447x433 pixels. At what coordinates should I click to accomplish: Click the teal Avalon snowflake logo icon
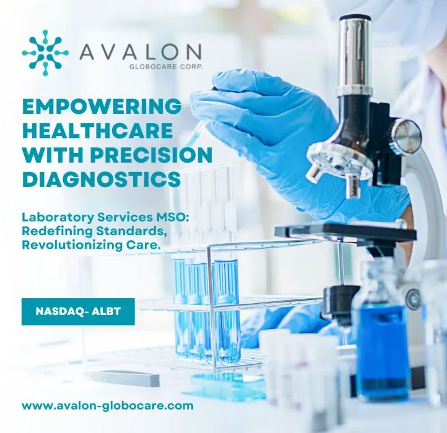45,53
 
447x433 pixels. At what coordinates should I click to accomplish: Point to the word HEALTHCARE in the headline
97,131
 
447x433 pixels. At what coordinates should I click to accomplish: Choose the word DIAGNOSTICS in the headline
102,179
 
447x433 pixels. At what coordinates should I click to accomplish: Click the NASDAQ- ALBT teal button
78,312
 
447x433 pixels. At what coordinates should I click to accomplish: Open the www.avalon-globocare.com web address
108,406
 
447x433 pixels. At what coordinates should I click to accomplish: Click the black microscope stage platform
347,233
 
